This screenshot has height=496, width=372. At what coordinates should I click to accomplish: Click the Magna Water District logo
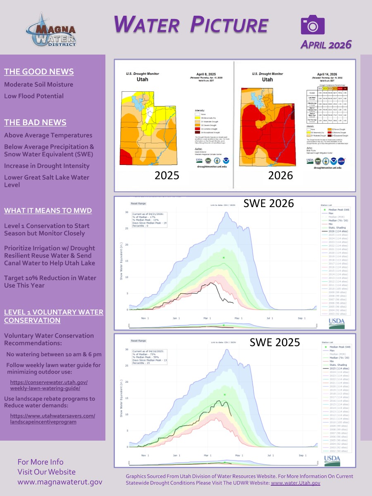tap(50, 30)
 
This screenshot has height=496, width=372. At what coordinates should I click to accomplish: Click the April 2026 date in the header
tap(326, 44)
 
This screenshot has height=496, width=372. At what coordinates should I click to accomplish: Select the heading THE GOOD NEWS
tap(39, 72)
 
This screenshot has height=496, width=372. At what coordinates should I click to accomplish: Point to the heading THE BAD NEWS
tap(35, 122)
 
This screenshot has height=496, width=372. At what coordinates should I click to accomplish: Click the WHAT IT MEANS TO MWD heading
tap(48, 210)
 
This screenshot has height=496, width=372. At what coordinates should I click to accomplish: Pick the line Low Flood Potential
tap(34, 96)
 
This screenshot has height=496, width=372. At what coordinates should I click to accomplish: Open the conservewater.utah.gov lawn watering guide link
tap(49, 385)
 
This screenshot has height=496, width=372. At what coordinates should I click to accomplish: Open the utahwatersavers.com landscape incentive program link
tap(52, 419)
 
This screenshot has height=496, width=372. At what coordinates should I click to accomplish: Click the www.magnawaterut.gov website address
tap(60, 482)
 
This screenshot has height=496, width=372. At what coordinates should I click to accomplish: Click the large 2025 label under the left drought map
tap(167, 175)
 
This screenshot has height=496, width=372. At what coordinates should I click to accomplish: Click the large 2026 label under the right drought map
tap(280, 175)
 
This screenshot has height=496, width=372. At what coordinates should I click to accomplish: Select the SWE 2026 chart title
tap(268, 203)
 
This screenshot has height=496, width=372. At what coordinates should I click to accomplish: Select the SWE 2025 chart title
tap(271, 342)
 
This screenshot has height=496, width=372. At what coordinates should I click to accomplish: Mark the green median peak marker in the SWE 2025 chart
tap(224, 395)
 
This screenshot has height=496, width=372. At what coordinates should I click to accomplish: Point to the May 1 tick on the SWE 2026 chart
tap(239, 318)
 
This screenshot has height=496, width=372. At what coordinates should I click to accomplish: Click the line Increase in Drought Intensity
tap(47, 166)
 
